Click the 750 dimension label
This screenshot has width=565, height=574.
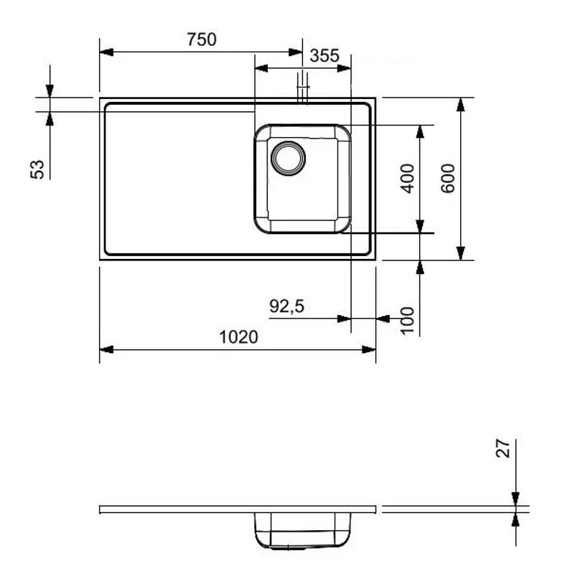pos(201,40)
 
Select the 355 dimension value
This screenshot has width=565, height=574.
pos(324,56)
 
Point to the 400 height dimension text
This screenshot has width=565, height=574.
pos(407,178)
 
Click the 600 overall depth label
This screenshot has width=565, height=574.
pos(448,178)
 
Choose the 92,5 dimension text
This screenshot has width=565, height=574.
pos(287,306)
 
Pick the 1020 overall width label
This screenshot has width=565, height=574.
pos(238,337)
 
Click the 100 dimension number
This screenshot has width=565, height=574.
pos(407,319)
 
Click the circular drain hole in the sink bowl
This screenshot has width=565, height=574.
pos(287,157)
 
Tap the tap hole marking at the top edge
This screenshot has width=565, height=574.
pos(304,89)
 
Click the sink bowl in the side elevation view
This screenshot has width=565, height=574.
pos(302,530)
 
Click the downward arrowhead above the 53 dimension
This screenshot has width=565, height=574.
pos(50,90)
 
